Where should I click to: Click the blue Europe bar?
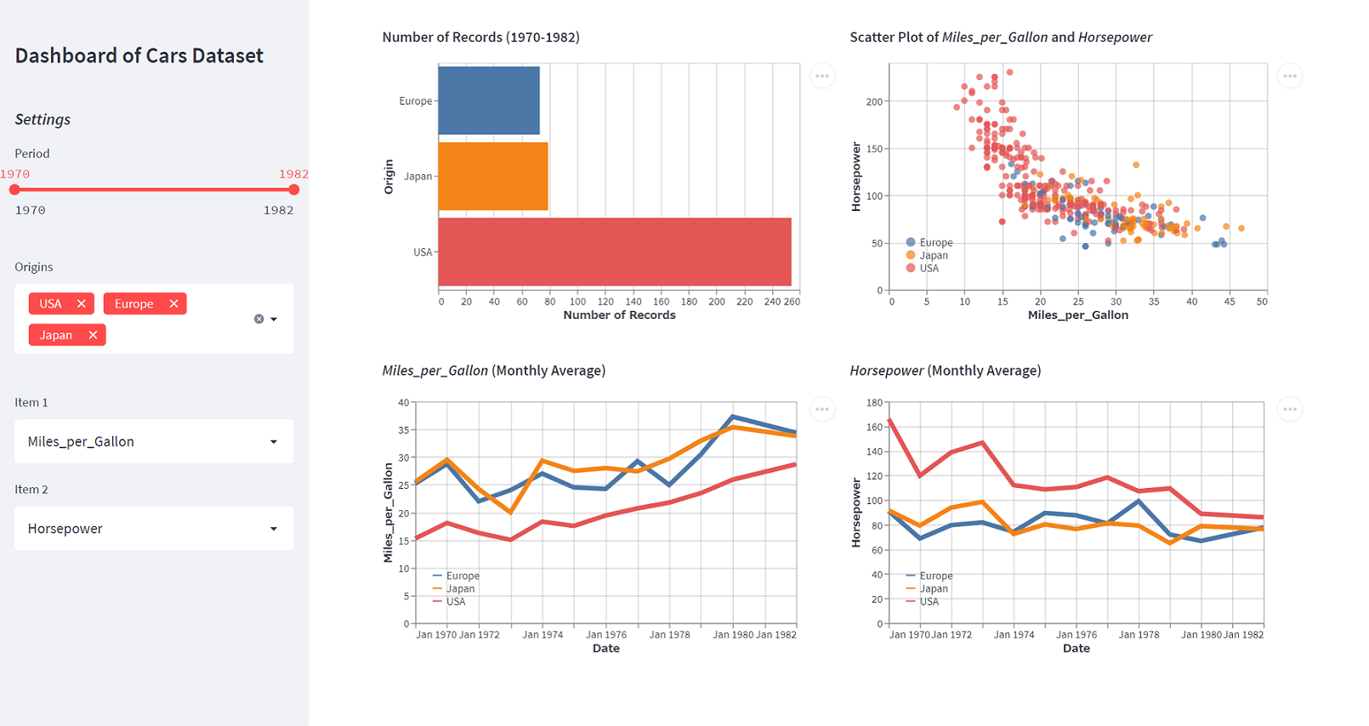489,100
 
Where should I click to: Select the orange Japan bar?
493,176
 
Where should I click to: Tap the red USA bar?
615,252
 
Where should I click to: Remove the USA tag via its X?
82,303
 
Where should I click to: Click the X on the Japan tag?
93,335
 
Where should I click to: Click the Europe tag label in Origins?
134,303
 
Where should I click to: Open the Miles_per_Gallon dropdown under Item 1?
154,441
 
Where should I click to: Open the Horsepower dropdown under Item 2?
154,529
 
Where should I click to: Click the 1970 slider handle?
14,190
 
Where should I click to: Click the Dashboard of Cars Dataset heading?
139,56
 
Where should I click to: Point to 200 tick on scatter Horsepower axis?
874,101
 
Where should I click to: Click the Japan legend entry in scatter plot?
933,255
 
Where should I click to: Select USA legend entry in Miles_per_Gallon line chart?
456,602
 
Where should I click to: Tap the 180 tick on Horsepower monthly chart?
874,402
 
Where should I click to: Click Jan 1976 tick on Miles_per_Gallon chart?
606,634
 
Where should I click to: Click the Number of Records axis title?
619,315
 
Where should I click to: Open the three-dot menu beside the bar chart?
822,76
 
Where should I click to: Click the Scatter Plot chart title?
1001,37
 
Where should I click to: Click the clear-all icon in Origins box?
258,319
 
